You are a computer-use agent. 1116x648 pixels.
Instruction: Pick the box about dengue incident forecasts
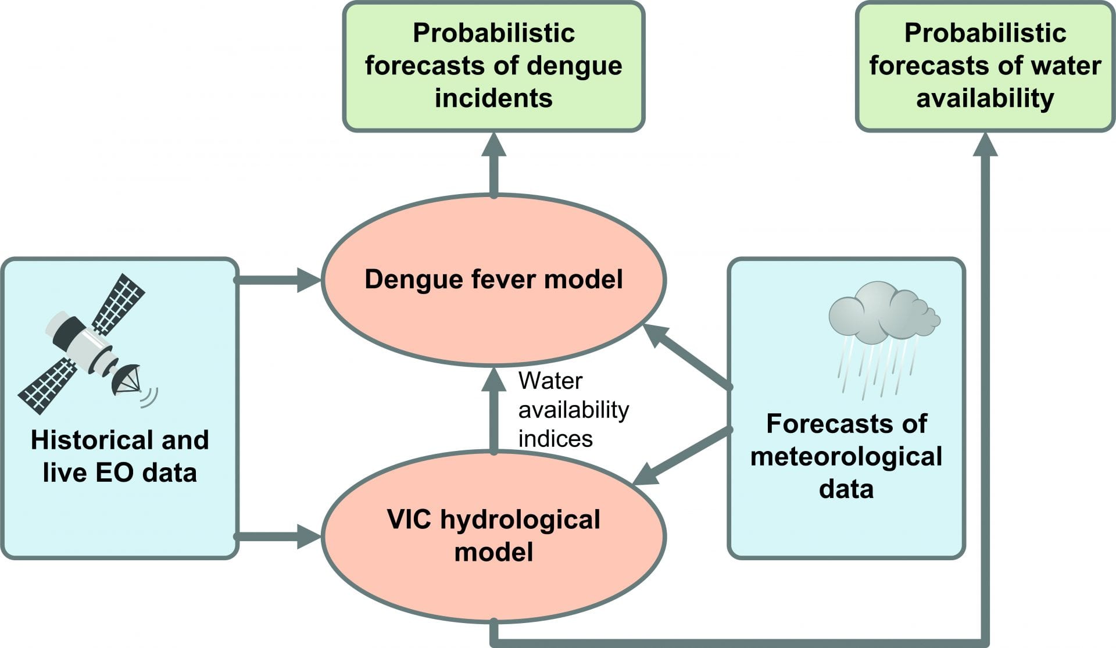pyautogui.click(x=493, y=66)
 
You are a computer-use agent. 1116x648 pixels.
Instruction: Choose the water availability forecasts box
pyautogui.click(x=985, y=66)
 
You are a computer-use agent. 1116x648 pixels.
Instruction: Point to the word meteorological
pyautogui.click(x=846, y=456)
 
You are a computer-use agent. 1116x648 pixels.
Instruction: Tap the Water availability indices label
pyautogui.click(x=573, y=410)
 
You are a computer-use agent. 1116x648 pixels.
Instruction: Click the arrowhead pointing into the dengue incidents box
pyautogui.click(x=493, y=145)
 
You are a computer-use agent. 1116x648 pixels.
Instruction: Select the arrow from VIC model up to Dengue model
pyautogui.click(x=493, y=413)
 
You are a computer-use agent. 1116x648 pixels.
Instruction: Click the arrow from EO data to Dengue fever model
pyautogui.click(x=279, y=280)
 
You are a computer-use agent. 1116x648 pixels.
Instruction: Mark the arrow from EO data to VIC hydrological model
pyautogui.click(x=279, y=536)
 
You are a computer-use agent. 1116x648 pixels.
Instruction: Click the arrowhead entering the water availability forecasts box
pyautogui.click(x=985, y=145)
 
